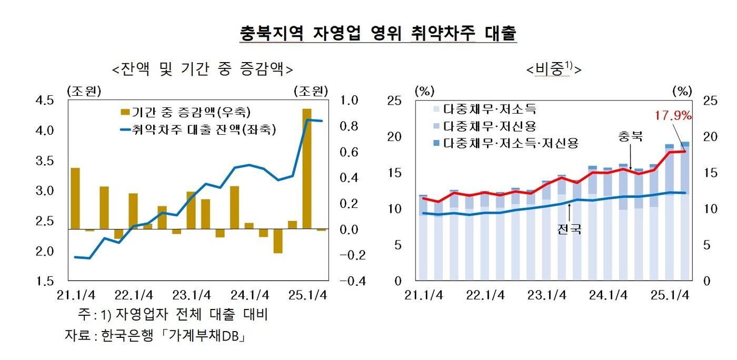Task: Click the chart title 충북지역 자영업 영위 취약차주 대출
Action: click(x=378, y=33)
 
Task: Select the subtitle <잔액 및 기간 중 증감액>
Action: click(x=202, y=69)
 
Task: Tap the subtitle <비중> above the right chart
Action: click(x=553, y=69)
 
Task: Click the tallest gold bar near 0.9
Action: click(x=306, y=168)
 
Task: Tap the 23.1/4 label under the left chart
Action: click(x=192, y=295)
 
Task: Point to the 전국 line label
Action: click(x=569, y=229)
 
